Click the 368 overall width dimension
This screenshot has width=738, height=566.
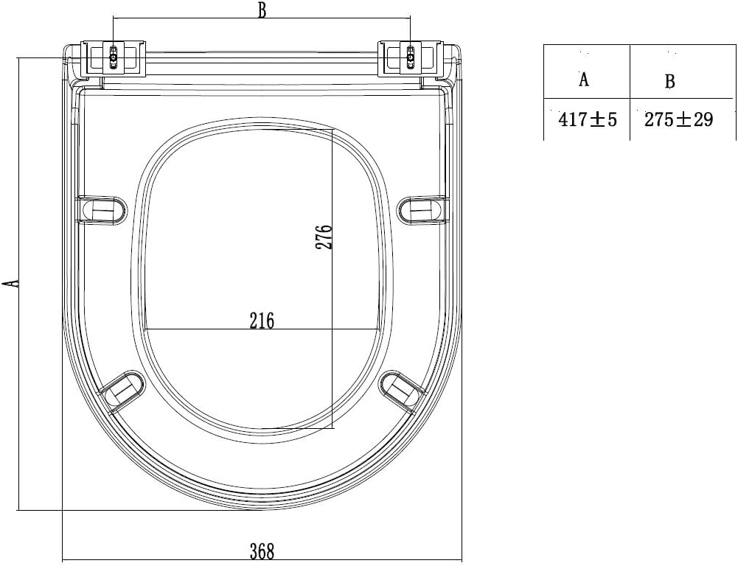point(262,551)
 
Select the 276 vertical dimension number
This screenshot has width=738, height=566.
point(325,237)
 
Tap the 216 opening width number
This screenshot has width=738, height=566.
point(262,321)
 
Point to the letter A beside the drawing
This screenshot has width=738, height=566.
point(10,283)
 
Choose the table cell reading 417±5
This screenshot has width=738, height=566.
point(587,120)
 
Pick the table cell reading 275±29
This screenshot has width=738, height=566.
point(679,120)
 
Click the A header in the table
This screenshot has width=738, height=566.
point(584,80)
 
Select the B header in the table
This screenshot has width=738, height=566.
point(669,81)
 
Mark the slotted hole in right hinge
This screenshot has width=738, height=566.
point(411,57)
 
